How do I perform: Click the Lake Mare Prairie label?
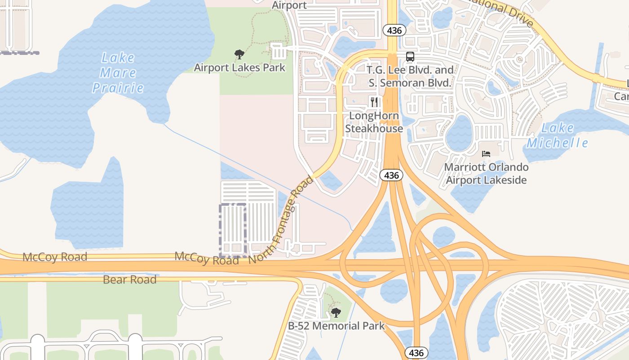pos(118,72)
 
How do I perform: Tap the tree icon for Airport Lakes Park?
pos(239,54)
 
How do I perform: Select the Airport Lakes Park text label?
pos(239,68)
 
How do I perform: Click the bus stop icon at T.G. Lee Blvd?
pos(410,57)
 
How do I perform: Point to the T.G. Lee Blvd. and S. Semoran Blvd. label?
pos(410,76)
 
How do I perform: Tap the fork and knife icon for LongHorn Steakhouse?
pos(374,102)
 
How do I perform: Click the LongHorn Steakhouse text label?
pos(374,122)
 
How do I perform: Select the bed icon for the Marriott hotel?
pos(486,153)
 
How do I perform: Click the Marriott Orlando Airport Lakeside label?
pos(486,174)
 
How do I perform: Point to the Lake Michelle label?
pos(557,135)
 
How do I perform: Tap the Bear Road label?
pos(129,279)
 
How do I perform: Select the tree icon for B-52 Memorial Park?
pos(336,312)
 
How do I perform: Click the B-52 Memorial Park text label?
pos(337,326)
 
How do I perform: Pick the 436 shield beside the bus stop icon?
pos(394,31)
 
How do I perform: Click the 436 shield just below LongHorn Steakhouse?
pos(391,175)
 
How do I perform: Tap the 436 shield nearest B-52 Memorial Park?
pos(416,352)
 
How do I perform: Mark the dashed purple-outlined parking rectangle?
pos(233,229)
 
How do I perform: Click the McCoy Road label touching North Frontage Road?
pos(206,258)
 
